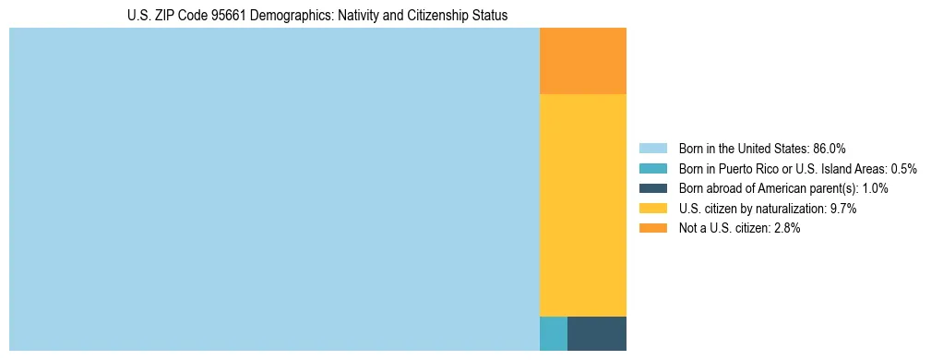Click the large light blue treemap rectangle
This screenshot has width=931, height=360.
tap(274, 189)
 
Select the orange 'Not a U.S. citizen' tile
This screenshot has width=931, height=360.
tap(582, 61)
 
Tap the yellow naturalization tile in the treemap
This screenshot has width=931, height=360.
tap(582, 205)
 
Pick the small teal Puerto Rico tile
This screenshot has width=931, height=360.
tap(553, 333)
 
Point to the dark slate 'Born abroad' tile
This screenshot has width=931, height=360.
tap(596, 333)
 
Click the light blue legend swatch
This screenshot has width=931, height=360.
tap(652, 149)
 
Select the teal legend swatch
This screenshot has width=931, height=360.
tap(652, 169)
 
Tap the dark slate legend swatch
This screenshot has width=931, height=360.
tap(652, 188)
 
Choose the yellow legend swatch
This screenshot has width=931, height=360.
tap(652, 209)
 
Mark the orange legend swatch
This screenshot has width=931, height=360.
tap(652, 229)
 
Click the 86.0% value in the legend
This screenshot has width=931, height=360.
tap(830, 149)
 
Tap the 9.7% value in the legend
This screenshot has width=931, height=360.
tap(843, 209)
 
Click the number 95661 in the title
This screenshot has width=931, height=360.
tap(239, 16)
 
